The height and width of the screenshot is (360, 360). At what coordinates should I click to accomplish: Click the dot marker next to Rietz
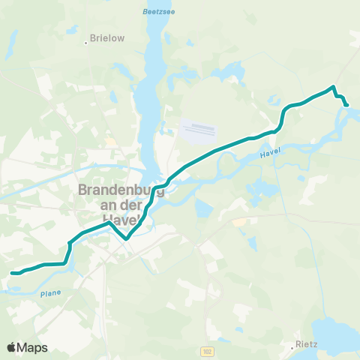293,346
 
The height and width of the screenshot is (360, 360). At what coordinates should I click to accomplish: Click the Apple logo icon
12,347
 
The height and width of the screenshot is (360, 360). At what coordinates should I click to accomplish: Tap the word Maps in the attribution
32,347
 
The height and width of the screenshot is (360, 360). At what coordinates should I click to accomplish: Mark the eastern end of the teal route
346,105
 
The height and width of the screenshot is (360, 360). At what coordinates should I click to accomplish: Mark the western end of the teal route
12,273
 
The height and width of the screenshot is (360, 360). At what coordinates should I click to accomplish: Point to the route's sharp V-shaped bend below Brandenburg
127,238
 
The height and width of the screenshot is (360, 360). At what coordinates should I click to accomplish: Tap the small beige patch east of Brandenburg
239,221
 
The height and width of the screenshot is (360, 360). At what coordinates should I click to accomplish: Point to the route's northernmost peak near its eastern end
333,88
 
